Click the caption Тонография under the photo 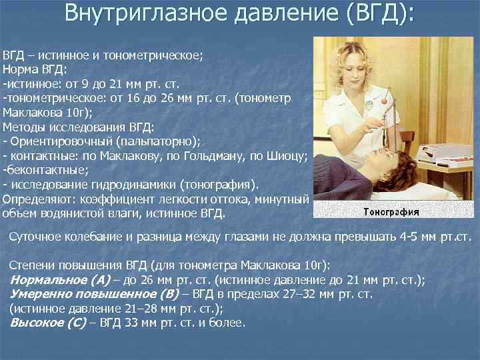391,212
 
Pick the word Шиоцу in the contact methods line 285,155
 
